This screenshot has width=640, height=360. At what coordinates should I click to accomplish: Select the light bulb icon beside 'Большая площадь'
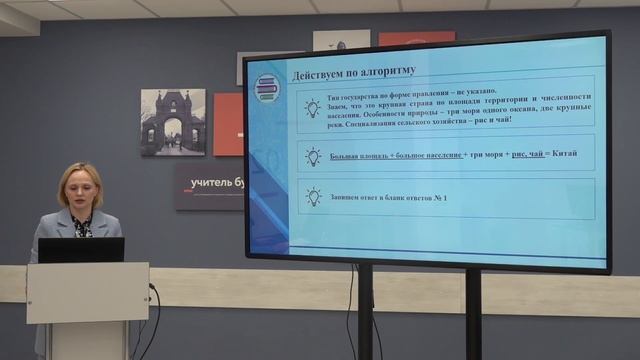(313, 156)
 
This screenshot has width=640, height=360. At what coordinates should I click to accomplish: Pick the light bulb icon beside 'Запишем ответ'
(313, 197)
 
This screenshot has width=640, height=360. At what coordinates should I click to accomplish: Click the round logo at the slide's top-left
(266, 88)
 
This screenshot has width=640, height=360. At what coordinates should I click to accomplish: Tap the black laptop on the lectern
(81, 250)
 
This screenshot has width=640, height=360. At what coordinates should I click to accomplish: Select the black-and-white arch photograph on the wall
(172, 122)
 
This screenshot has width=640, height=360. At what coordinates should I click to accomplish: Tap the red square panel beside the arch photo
(228, 124)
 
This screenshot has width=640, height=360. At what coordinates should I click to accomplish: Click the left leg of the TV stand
(365, 310)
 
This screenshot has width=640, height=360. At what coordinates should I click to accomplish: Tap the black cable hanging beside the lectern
(154, 320)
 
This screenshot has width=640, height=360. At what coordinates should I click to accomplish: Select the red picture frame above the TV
(416, 38)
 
